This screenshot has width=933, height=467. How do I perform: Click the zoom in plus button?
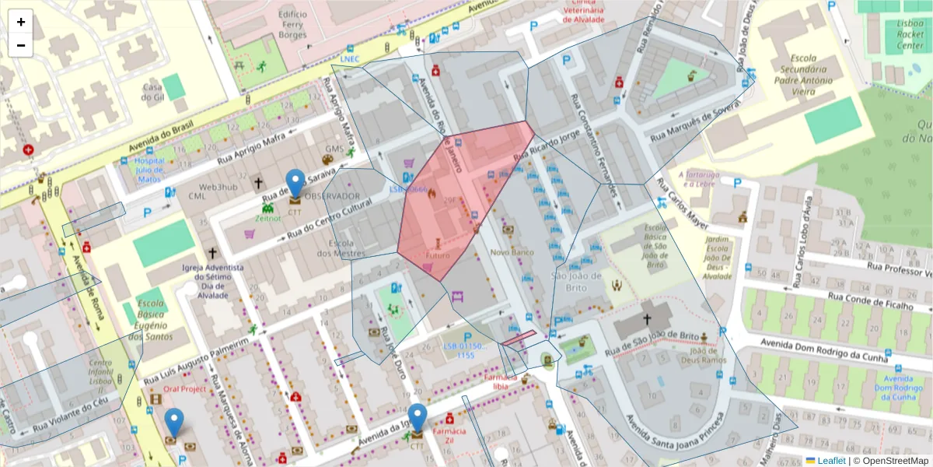21,22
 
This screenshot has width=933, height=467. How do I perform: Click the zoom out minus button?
21,45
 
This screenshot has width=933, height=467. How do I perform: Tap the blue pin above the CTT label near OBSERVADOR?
295,184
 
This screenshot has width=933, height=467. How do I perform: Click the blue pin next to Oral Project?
175,423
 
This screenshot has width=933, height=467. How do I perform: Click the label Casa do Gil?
152,92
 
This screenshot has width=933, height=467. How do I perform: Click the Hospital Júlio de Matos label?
149,170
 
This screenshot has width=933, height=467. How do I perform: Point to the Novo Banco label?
511,252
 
